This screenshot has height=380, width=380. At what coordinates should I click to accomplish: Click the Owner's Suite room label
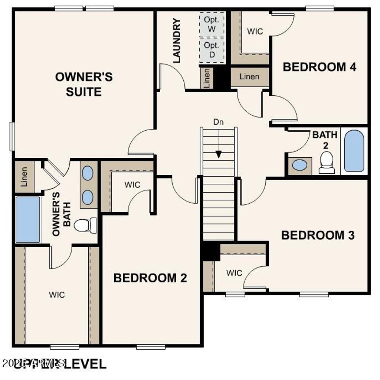click(x=84, y=84)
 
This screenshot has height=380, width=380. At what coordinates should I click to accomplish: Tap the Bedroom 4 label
click(x=320, y=67)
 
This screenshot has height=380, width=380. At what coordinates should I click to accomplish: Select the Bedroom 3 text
click(x=318, y=235)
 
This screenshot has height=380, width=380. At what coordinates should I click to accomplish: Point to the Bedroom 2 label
click(x=150, y=278)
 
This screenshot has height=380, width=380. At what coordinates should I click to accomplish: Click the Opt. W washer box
click(x=212, y=25)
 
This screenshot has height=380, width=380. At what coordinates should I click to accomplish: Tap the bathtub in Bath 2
click(x=354, y=151)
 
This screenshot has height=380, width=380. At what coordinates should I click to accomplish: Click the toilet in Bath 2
click(x=327, y=163)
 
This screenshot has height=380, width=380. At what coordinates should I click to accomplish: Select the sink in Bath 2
click(x=299, y=165)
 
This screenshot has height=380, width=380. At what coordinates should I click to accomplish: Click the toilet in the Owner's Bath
click(x=85, y=225)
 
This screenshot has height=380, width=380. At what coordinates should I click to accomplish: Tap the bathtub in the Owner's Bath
click(x=28, y=220)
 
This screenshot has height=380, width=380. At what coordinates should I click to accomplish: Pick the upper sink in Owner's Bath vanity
click(x=88, y=173)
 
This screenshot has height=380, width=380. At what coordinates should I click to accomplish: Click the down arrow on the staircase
click(x=219, y=153)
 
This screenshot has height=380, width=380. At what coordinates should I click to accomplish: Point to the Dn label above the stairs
click(x=218, y=122)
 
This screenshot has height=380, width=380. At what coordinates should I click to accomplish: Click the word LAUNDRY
click(x=177, y=40)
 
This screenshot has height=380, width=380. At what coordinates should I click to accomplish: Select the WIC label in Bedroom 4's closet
click(x=255, y=31)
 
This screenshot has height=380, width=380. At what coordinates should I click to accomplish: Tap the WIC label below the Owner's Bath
click(x=57, y=295)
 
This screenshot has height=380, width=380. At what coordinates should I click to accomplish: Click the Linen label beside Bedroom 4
click(x=249, y=77)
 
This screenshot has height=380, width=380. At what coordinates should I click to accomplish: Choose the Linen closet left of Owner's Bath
click(x=24, y=177)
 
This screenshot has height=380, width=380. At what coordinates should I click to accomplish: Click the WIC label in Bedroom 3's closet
click(x=234, y=273)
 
